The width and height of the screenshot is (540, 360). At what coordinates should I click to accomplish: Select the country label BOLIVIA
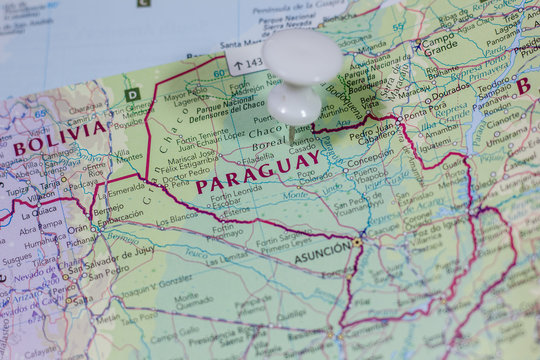(59, 137)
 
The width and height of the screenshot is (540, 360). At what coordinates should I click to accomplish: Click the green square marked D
(132, 95)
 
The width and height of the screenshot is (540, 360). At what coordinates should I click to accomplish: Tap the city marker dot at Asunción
(357, 242)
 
